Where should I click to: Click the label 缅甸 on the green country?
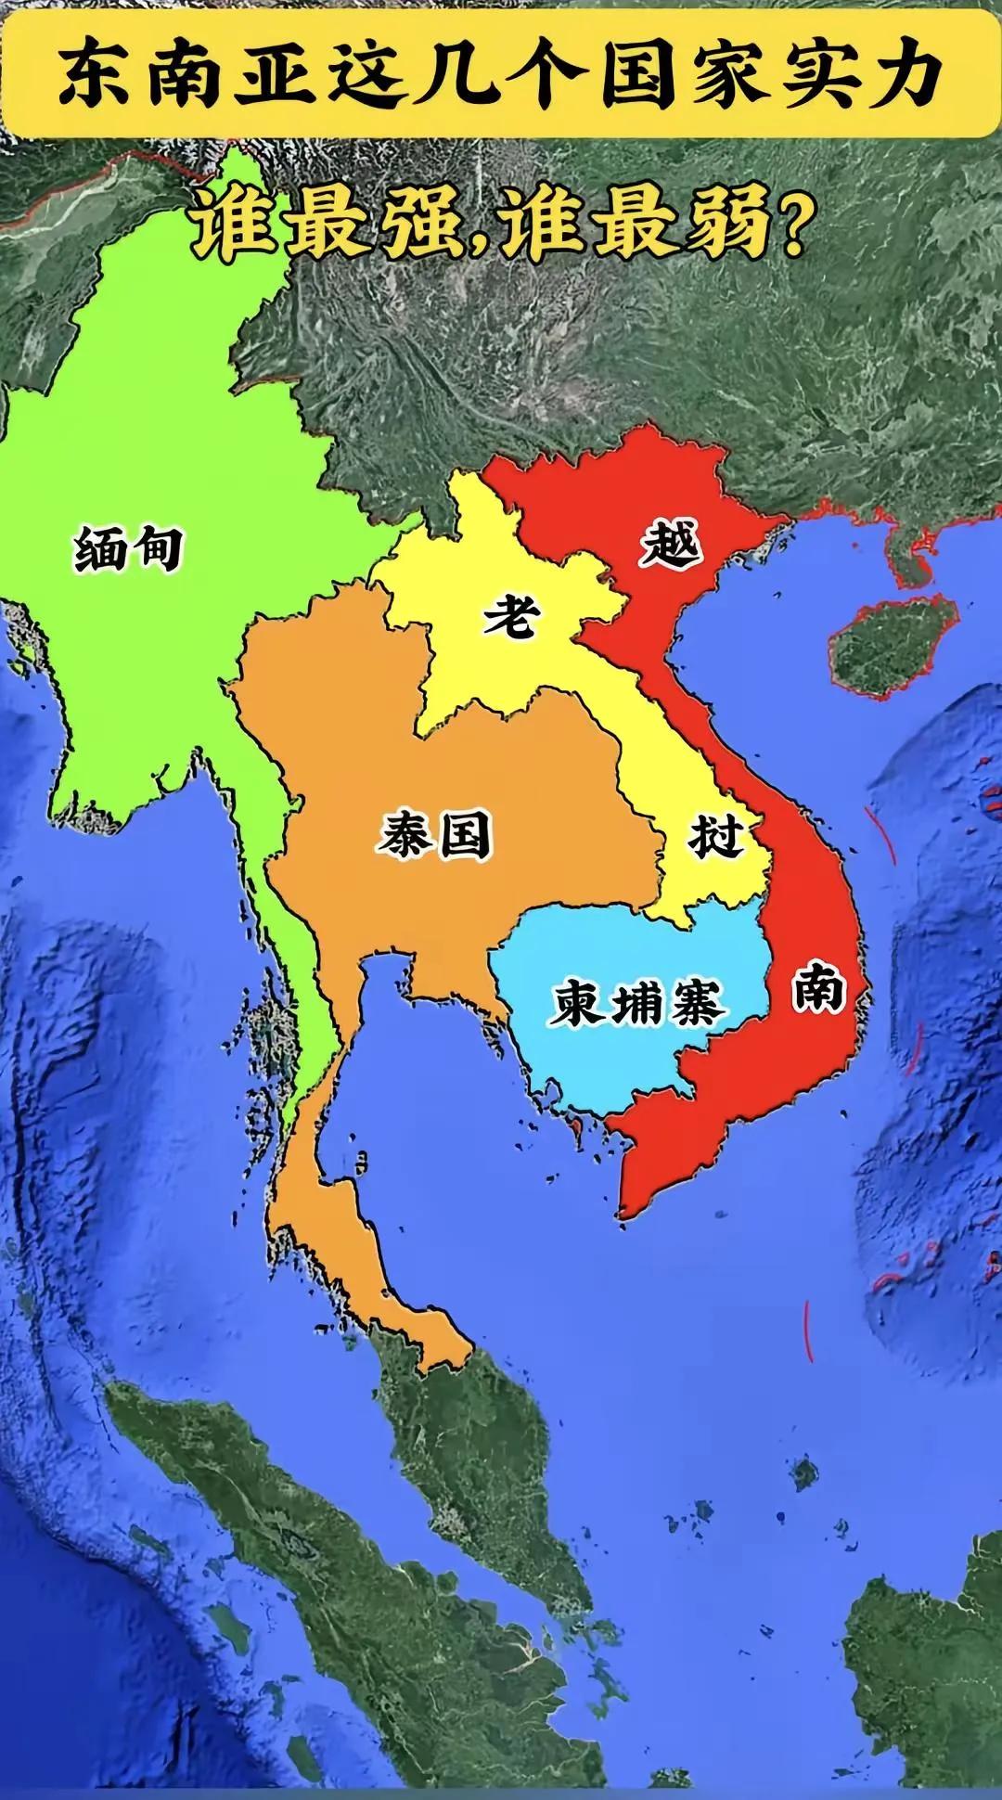click(128, 548)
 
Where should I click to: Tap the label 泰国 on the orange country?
click(434, 835)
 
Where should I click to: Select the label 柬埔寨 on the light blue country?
click(637, 1004)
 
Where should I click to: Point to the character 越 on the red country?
click(670, 543)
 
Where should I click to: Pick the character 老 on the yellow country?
click(511, 615)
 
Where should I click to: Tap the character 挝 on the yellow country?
click(715, 836)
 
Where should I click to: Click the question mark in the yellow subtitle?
click(791, 229)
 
